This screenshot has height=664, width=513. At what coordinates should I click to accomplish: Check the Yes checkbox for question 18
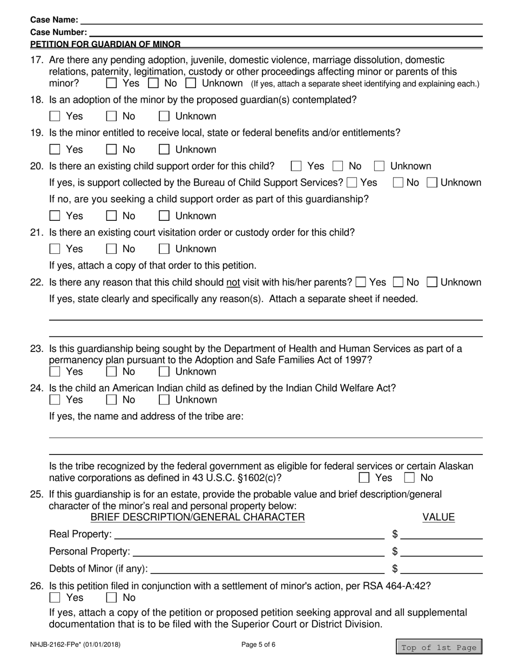(55, 116)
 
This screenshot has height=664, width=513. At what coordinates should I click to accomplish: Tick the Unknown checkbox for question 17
(191, 83)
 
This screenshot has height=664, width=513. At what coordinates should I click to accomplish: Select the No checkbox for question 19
(112, 150)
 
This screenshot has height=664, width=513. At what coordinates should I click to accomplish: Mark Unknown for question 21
(164, 249)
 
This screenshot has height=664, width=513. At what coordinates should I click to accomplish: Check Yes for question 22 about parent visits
(361, 282)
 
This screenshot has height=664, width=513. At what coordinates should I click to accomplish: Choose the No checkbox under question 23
(112, 371)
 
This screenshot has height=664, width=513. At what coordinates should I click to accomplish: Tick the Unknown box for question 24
(164, 399)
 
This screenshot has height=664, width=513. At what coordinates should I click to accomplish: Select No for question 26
(112, 598)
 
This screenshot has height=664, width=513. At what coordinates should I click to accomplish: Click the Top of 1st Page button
(439, 647)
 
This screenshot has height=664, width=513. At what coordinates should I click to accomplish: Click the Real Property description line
(249, 535)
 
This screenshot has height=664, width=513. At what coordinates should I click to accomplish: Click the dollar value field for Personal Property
(441, 552)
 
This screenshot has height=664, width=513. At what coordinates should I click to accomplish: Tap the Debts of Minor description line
(268, 568)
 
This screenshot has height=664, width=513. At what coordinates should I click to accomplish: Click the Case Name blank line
(281, 20)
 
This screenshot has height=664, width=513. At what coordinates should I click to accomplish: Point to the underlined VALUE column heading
(438, 518)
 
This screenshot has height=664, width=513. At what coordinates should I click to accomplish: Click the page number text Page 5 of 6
(258, 644)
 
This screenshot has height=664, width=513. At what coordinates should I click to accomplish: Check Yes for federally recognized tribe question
(364, 477)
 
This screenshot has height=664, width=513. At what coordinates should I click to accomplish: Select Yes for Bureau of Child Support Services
(353, 182)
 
